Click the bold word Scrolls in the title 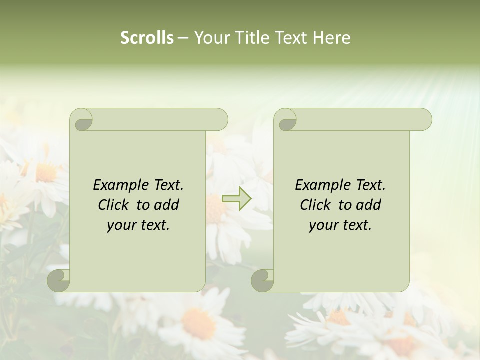(147, 38)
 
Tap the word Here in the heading (331, 38)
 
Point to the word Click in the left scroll (114, 205)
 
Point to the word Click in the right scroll (316, 205)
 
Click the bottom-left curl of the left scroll (58, 280)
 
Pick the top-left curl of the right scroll (286, 120)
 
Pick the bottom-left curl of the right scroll (262, 280)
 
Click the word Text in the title (290, 38)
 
